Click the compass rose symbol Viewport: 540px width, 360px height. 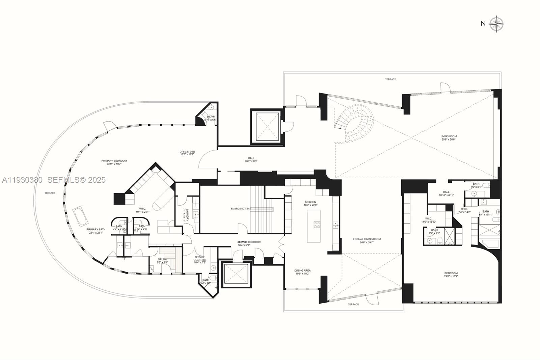(x=497, y=24)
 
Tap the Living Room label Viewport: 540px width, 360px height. (x=449, y=136)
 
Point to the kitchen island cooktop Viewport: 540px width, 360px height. (x=317, y=225)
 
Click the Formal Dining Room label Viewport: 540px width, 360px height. (x=367, y=239)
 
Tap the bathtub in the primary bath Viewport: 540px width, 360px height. (x=80, y=217)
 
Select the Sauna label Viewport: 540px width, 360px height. (x=162, y=259)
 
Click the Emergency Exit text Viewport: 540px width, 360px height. (x=241, y=209)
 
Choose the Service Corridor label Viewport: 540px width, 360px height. (x=249, y=242)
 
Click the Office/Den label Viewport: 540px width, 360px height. (x=187, y=152)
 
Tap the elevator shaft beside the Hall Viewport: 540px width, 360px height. (x=266, y=127)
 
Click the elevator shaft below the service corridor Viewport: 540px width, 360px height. (x=236, y=274)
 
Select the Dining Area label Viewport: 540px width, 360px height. (x=302, y=271)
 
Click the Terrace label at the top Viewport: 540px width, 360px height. (x=390, y=79)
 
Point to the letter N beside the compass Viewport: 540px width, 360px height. (x=483, y=24)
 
